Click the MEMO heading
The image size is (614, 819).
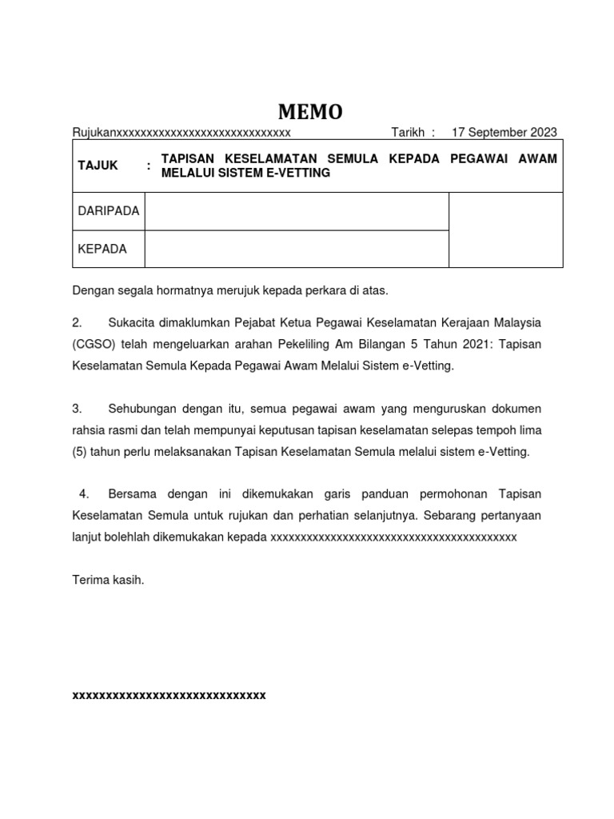click(x=309, y=112)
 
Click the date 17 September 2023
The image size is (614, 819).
click(x=504, y=133)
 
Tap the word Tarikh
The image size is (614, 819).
click(x=408, y=133)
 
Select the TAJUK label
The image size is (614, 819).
click(x=98, y=166)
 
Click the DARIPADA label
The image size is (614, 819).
click(x=109, y=211)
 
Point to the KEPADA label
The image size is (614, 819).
click(x=102, y=249)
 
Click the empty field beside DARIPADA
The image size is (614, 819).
click(x=296, y=211)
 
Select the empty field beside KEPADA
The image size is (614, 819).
click(x=296, y=249)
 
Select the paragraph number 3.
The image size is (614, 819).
click(x=77, y=409)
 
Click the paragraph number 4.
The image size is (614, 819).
click(x=84, y=494)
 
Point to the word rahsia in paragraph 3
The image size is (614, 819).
click(x=90, y=430)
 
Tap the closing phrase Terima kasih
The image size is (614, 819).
click(x=108, y=580)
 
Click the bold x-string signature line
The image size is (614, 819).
click(x=169, y=696)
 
